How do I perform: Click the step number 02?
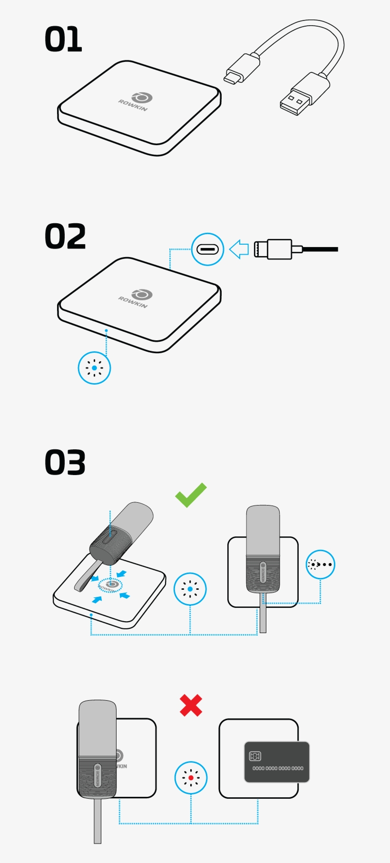pyautogui.click(x=65, y=237)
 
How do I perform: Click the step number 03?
pyautogui.click(x=65, y=463)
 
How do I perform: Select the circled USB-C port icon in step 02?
pyautogui.click(x=207, y=249)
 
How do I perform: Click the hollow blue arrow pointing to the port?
pyautogui.click(x=239, y=249)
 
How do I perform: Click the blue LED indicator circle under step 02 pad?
pyautogui.click(x=94, y=368)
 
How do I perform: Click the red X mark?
pyautogui.click(x=191, y=705)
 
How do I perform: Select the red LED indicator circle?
pyautogui.click(x=191, y=778)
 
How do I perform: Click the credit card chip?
pyautogui.click(x=255, y=756)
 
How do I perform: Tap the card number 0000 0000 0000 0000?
pyautogui.click(x=278, y=768)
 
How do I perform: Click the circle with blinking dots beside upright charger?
pyautogui.click(x=320, y=565)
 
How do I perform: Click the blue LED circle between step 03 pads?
pyautogui.click(x=190, y=589)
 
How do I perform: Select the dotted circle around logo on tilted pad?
pyautogui.click(x=110, y=585)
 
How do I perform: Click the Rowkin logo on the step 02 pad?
pyautogui.click(x=137, y=298)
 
